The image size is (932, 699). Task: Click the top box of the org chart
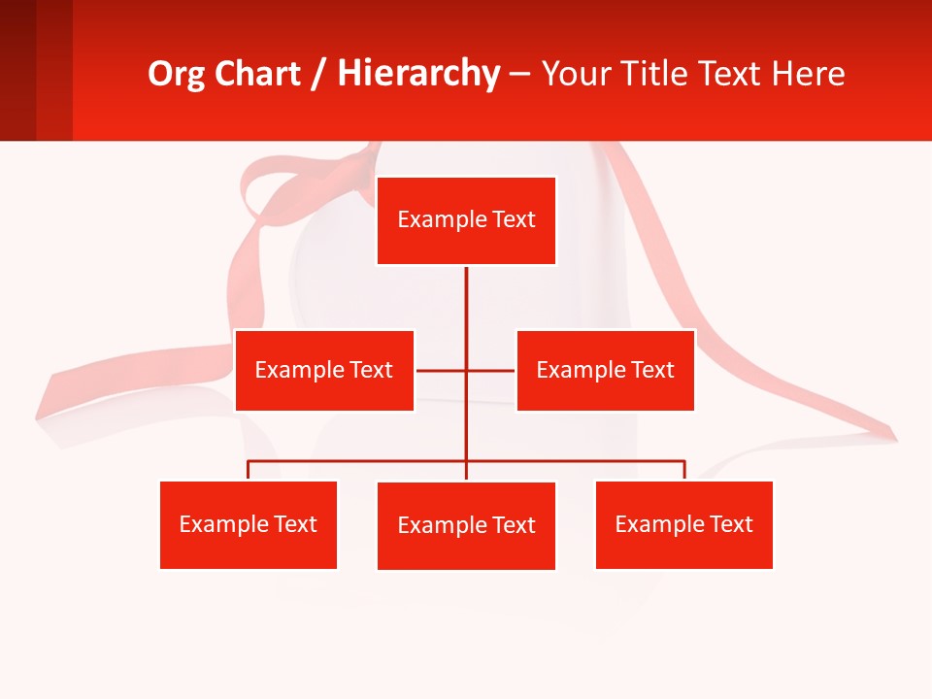tap(466, 220)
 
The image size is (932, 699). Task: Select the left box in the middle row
tap(324, 370)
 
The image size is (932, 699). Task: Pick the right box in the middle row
tap(605, 370)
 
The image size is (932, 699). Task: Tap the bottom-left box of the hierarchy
tap(248, 524)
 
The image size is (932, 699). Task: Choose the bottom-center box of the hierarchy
tap(466, 525)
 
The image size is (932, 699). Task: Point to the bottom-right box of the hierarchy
tap(683, 524)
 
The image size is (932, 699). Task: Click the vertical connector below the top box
tap(466, 311)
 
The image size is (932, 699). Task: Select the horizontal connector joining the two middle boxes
tap(442, 370)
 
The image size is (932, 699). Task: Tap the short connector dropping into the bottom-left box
tap(248, 471)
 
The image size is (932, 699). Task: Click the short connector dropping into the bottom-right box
tap(684, 471)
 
